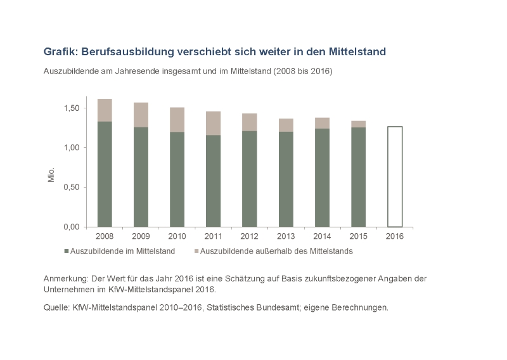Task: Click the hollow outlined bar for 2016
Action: tap(394, 176)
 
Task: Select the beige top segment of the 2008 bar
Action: tap(104, 110)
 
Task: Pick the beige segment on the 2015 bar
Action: tap(358, 124)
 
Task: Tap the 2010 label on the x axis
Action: tap(177, 237)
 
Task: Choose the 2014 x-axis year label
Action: tap(322, 237)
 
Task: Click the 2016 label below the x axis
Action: tap(394, 237)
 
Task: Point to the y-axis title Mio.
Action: tap(53, 174)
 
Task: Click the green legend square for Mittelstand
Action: tap(66, 252)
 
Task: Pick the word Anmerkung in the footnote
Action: tap(66, 279)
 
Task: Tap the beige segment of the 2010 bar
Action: tap(177, 120)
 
